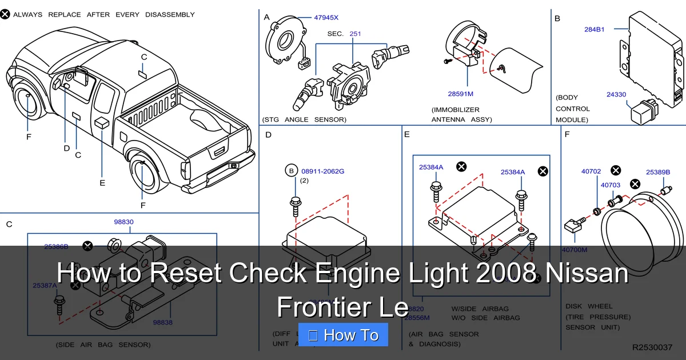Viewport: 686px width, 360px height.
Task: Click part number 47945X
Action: click(x=326, y=18)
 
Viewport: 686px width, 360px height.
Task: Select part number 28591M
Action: click(x=460, y=93)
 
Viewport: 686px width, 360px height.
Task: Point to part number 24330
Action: click(x=616, y=95)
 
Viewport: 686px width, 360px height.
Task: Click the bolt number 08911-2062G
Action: click(x=322, y=171)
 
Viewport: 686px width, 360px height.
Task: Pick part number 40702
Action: click(x=591, y=171)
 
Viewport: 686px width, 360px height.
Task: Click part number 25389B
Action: click(x=658, y=172)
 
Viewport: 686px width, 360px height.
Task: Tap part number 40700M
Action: click(x=574, y=249)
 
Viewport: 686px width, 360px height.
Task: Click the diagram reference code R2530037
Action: click(x=652, y=347)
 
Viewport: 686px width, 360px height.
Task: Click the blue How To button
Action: click(x=343, y=335)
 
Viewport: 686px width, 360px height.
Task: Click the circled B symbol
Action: click(x=291, y=171)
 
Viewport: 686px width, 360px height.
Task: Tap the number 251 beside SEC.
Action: click(x=355, y=34)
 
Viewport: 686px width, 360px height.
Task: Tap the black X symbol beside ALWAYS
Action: click(x=5, y=14)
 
